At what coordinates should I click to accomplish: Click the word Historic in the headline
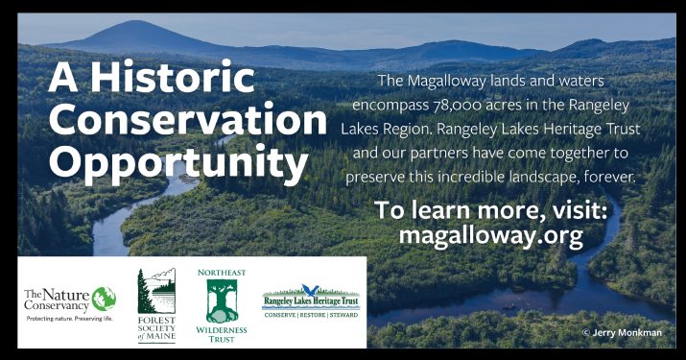(x=172, y=77)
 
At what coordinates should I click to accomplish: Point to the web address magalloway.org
(x=491, y=235)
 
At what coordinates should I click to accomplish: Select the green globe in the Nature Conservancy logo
(x=104, y=299)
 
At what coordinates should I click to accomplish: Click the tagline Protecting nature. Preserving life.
(x=70, y=319)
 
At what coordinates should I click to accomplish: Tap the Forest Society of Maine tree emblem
(x=156, y=291)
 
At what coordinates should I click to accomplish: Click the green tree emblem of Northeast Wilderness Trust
(x=222, y=301)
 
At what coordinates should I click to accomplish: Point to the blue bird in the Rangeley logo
(x=311, y=290)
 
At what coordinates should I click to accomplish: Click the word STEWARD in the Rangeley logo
(x=343, y=315)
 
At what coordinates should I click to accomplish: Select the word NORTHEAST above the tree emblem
(x=222, y=273)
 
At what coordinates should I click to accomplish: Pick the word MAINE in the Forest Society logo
(x=160, y=336)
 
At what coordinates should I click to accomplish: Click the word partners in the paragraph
(x=439, y=154)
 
